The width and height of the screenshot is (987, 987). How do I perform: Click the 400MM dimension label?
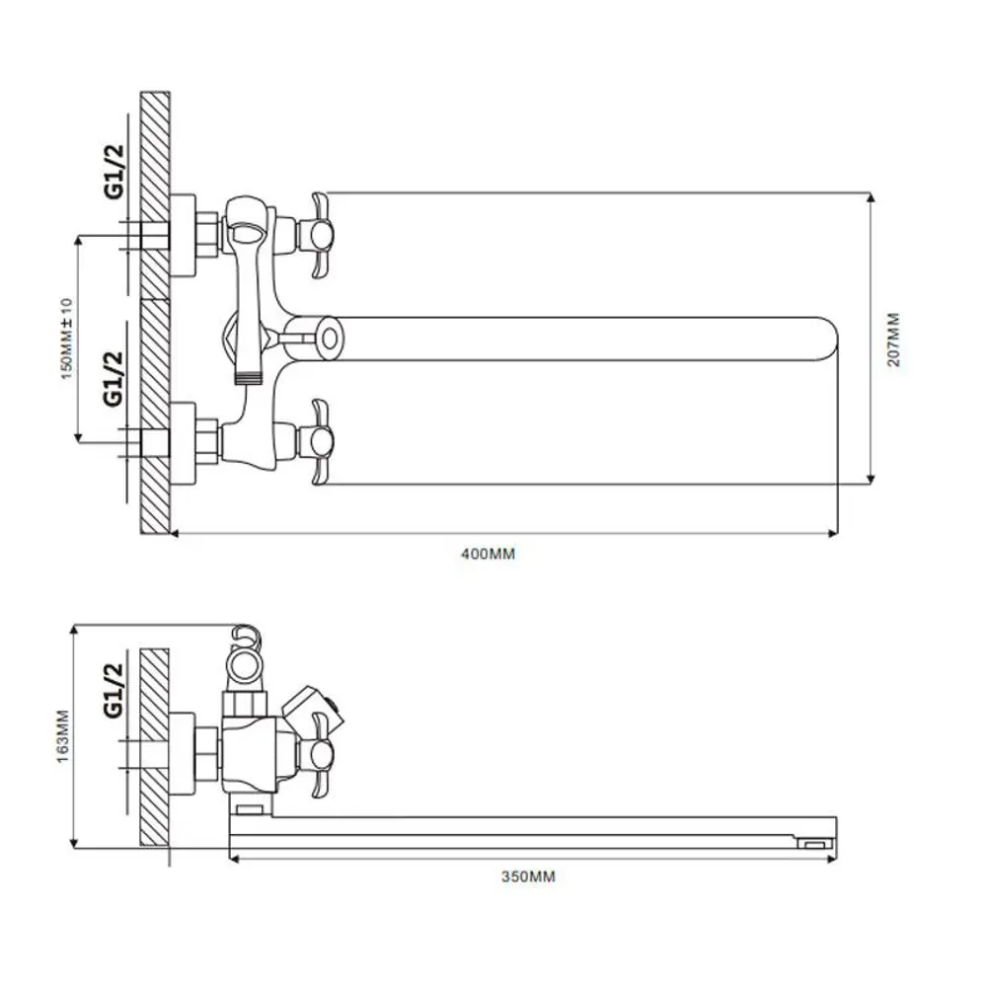click(x=488, y=554)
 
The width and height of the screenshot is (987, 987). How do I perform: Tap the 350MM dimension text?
click(x=528, y=876)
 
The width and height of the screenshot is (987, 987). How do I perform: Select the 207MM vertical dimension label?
click(x=894, y=340)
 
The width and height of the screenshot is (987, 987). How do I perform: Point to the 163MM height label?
click(x=63, y=736)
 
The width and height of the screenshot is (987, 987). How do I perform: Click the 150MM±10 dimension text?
click(x=66, y=339)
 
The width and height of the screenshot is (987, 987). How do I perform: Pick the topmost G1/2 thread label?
click(x=115, y=171)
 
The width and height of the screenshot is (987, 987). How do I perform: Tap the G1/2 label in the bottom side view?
click(x=114, y=690)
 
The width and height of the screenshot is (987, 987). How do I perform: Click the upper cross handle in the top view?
click(x=319, y=235)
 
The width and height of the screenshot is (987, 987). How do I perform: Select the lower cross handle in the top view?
click(x=319, y=442)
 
